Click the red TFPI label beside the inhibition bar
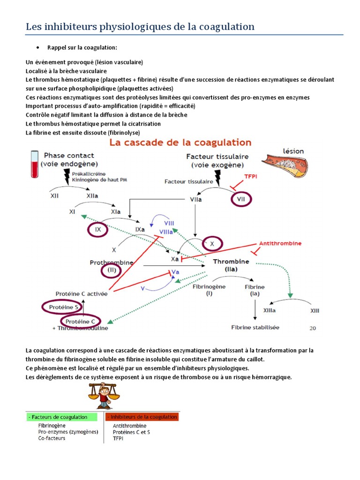[x=251, y=177]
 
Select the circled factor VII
[x=241, y=199]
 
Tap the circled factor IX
[x=98, y=230]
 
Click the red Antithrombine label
[x=280, y=244]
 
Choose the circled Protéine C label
[x=80, y=321]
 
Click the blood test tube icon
[x=34, y=164]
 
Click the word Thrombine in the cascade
[x=231, y=262]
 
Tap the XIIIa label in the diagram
[x=269, y=311]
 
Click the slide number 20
[x=313, y=328]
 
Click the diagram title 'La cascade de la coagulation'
[x=180, y=142]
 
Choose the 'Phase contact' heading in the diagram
[x=69, y=155]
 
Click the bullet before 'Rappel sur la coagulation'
[x=37, y=48]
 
